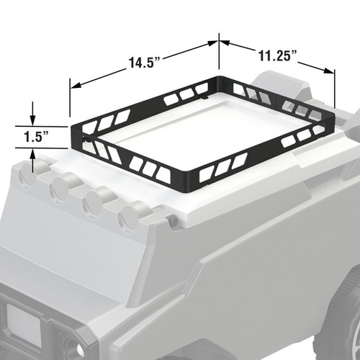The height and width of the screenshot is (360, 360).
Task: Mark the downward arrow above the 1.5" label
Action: tap(32, 119)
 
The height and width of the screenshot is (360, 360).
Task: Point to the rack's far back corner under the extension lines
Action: tap(218, 78)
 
